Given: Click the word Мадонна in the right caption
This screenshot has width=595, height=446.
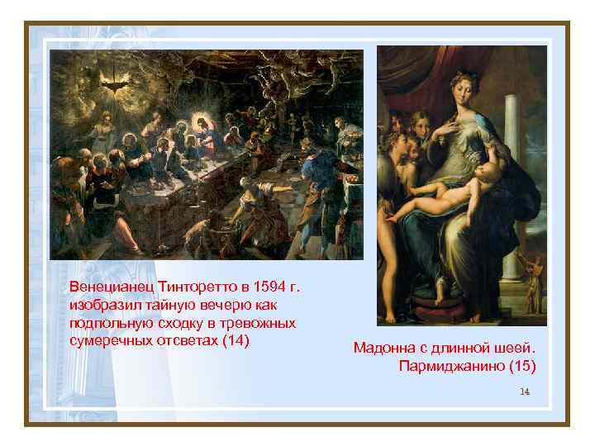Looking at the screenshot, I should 382,348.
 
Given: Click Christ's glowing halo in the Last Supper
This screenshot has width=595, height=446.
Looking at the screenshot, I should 201,126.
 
